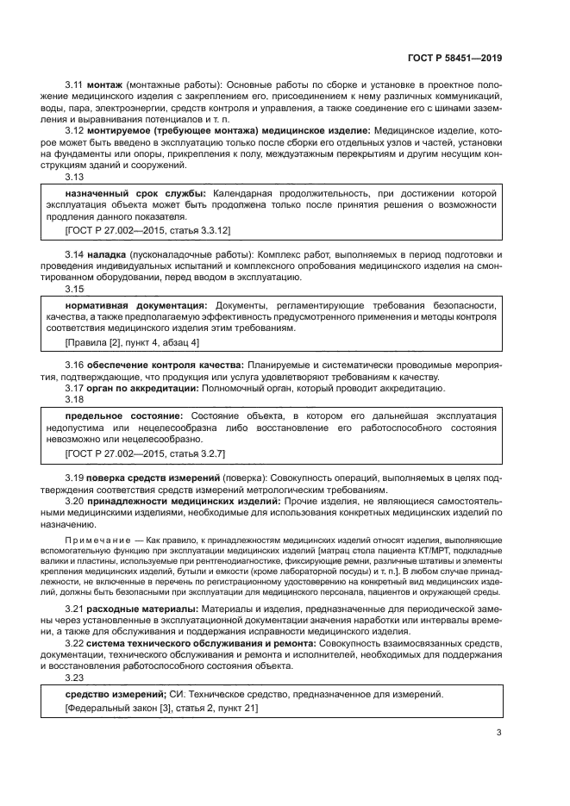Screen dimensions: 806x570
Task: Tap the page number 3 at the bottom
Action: pos(498,734)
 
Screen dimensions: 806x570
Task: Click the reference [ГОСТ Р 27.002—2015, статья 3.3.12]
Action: pos(147,230)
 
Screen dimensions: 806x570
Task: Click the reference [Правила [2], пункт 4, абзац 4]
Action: pos(132,342)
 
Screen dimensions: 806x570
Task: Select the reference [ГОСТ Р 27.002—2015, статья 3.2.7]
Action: pos(145,452)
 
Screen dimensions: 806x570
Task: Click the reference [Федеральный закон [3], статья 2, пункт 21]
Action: pos(160,708)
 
